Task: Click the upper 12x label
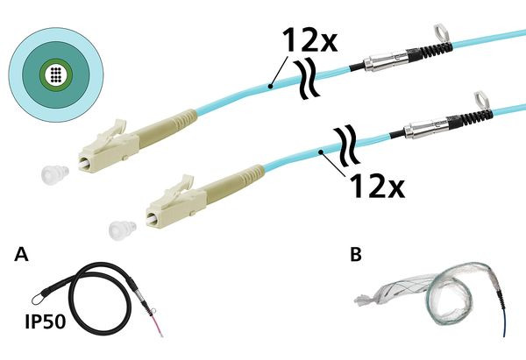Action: click(309, 39)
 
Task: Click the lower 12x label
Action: click(377, 186)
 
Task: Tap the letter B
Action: click(356, 254)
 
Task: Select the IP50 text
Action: click(46, 321)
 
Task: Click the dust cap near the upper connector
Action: click(55, 173)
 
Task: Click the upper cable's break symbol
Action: click(306, 80)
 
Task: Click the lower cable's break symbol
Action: click(347, 145)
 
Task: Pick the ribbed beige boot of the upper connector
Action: click(167, 128)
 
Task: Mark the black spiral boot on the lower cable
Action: click(470, 120)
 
